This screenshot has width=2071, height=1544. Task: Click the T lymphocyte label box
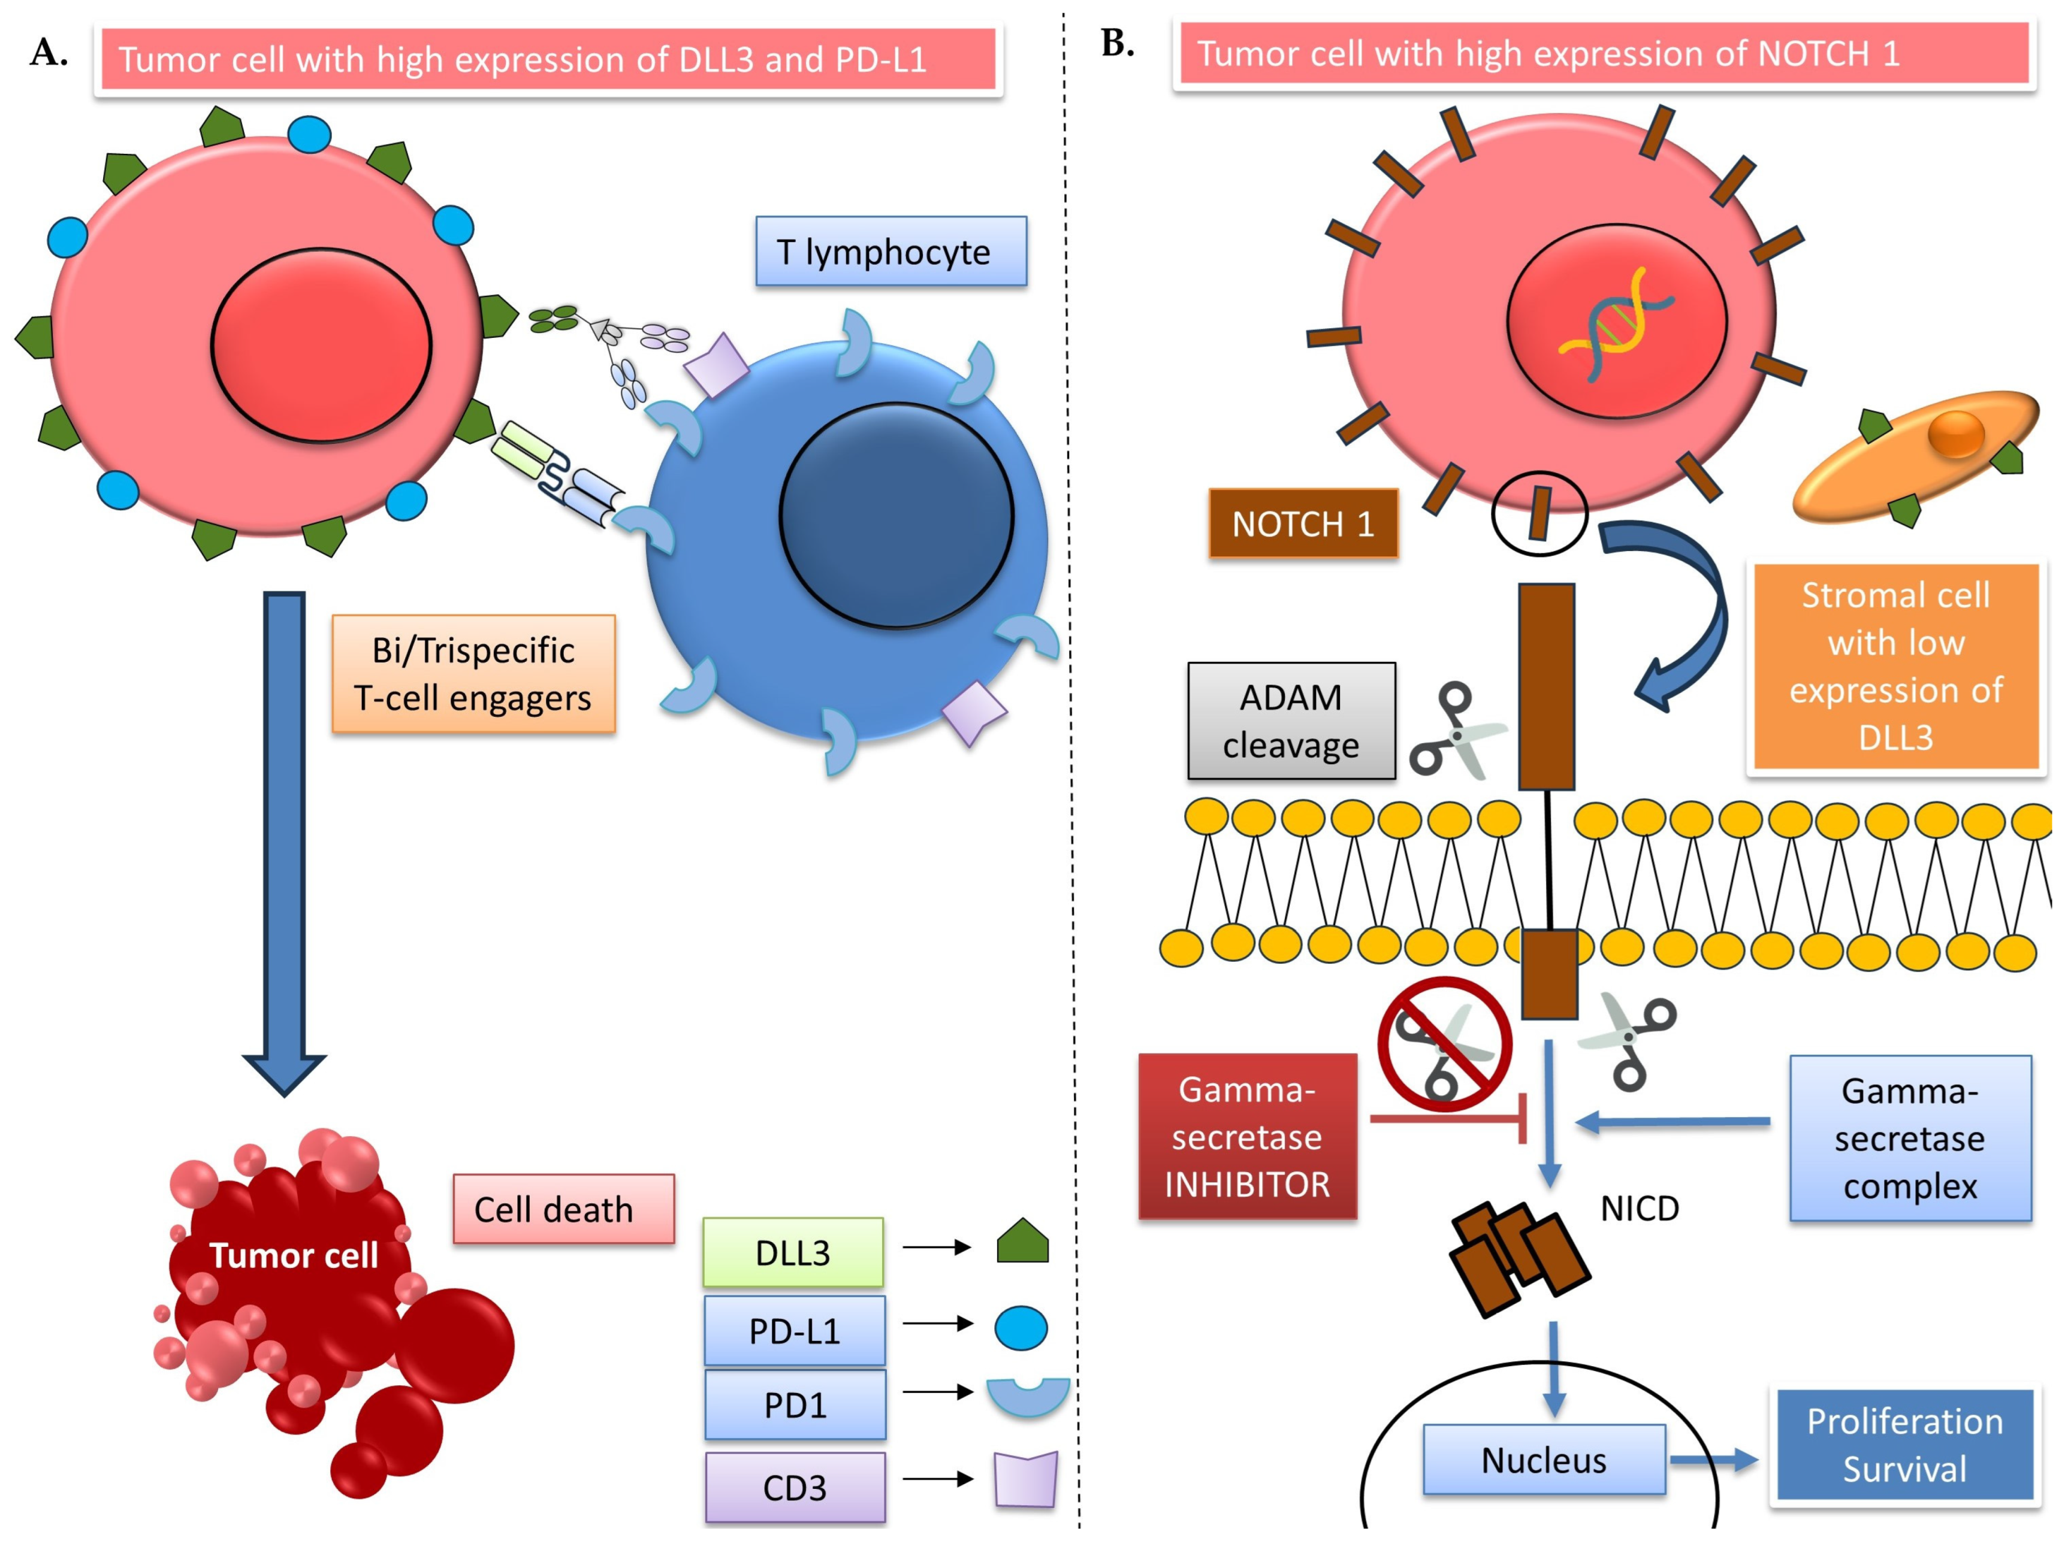coord(890,252)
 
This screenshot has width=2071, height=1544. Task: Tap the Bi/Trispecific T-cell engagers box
coord(473,674)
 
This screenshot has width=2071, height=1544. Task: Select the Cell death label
coord(563,1209)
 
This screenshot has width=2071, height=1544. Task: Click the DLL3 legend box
coord(792,1252)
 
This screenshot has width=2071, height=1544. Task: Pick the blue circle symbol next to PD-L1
coord(1020,1328)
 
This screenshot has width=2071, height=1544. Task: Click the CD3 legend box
coord(794,1487)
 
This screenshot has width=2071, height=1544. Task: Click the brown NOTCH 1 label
coord(1302,523)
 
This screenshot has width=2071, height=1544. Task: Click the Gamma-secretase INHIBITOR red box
coord(1246,1137)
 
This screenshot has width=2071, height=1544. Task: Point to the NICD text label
coord(1639,1209)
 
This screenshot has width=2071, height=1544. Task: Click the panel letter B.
coord(1118,43)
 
